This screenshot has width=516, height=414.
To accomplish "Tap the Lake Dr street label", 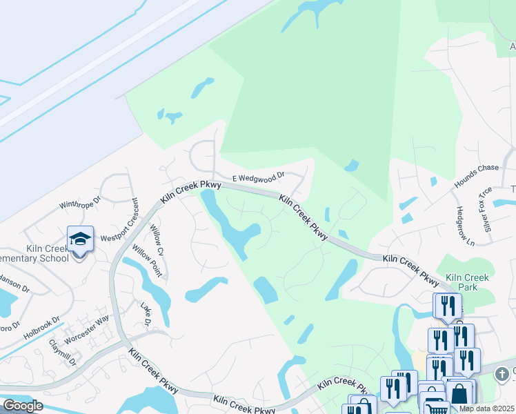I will (x=146, y=315).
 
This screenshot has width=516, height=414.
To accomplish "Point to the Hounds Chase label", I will (x=476, y=177).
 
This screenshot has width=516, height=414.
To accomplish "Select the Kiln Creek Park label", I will (x=467, y=282).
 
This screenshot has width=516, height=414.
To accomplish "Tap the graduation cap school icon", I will (x=80, y=239).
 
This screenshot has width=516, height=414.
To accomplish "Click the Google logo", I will (x=23, y=406).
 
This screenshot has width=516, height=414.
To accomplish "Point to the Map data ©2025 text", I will (x=486, y=408).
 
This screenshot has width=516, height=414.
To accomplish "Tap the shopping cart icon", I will (x=435, y=408).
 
